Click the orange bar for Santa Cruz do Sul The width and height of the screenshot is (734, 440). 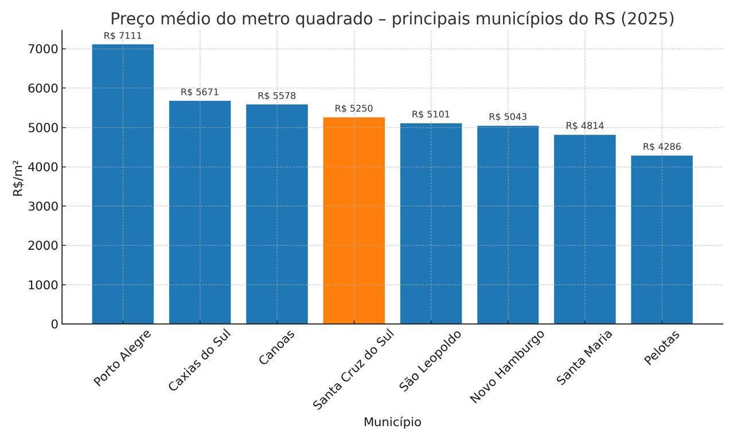coord(354,221)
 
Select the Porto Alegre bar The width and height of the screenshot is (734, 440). coord(123,184)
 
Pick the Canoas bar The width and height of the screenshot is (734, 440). coord(277,214)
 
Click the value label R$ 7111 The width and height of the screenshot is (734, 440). coord(123,36)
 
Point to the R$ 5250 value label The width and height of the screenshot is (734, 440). coord(354,109)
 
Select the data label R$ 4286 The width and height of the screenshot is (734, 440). coord(662,147)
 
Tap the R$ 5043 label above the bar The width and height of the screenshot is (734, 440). coord(507,117)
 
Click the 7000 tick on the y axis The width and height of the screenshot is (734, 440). coord(43,49)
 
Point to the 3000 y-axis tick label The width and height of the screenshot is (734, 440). coord(43,206)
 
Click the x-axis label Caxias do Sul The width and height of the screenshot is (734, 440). coord(199,360)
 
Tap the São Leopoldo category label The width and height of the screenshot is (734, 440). coord(430,361)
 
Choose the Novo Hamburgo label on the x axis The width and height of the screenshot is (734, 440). coord(506,367)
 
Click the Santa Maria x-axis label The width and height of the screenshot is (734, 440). coord(584,357)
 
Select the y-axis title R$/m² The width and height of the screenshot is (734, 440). coord(18,178)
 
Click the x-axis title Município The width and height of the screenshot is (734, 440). coord(392,422)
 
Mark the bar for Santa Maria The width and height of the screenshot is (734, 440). coord(585,229)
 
